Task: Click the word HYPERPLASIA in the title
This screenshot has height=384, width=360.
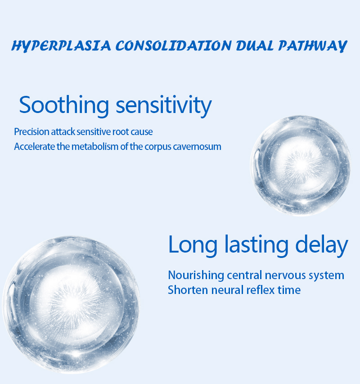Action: (x=61, y=46)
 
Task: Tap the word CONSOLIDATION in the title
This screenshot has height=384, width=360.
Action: (x=173, y=45)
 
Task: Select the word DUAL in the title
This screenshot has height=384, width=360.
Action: (x=255, y=45)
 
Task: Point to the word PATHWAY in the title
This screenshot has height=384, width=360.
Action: (x=312, y=46)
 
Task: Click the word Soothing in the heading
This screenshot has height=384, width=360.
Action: (x=64, y=105)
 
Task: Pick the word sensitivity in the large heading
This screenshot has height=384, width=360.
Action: (x=164, y=106)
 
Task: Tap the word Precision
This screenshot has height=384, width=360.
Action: (x=32, y=132)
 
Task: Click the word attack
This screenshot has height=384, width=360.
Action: (x=63, y=132)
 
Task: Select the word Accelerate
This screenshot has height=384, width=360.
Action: (x=35, y=146)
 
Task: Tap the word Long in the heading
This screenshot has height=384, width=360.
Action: (x=193, y=245)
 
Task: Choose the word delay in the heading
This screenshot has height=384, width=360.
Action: (x=322, y=245)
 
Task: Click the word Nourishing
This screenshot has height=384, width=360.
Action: (x=196, y=275)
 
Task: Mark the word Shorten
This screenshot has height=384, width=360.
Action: (x=188, y=290)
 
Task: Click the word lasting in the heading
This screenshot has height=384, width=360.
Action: (x=256, y=245)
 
